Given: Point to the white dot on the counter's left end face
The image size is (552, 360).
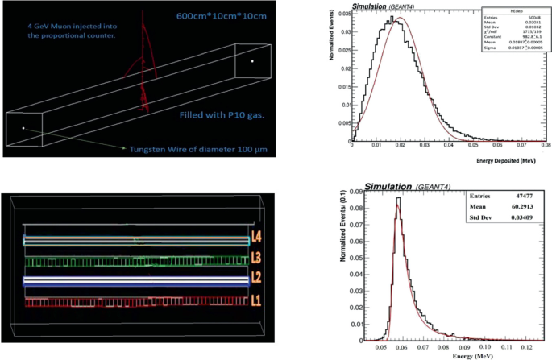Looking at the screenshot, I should pyautogui.click(x=23, y=128).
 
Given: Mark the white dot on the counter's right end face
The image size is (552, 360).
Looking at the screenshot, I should pyautogui.click(x=252, y=60).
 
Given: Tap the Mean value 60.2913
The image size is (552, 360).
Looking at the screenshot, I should pyautogui.click(x=525, y=211).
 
